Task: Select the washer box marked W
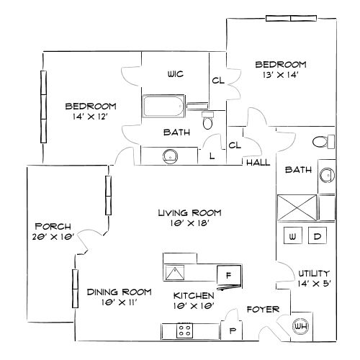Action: (x=293, y=236)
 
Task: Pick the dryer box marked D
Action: (x=317, y=236)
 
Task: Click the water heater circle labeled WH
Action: (x=301, y=327)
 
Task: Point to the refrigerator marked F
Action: (x=229, y=275)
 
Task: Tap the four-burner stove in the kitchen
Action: (x=184, y=331)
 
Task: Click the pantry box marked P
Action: (x=233, y=330)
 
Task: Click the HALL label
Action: (x=258, y=163)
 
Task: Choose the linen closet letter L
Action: (x=212, y=156)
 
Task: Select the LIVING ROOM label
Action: (x=189, y=213)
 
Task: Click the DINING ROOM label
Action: (x=119, y=292)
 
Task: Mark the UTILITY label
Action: (x=314, y=274)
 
